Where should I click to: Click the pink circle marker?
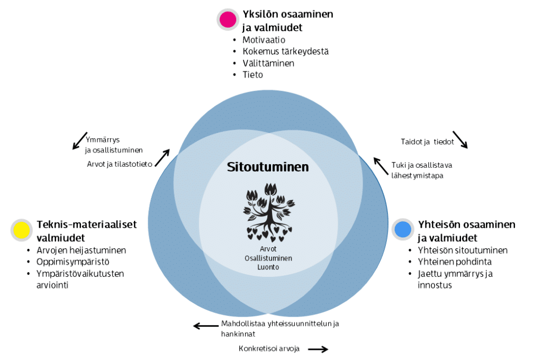coord(228,20)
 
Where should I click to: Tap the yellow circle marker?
coord(21,230)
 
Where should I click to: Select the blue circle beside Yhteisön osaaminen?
coord(403,229)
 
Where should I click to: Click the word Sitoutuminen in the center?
coord(268,167)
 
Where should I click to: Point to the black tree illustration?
coord(269,211)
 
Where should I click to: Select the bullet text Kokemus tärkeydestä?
coord(285,51)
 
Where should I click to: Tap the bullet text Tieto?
coord(253,75)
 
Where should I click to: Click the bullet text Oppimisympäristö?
coord(73,262)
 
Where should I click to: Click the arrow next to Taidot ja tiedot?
coord(460,139)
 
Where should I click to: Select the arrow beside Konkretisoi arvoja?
coord(318,349)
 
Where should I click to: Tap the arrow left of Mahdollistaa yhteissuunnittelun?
coord(206,326)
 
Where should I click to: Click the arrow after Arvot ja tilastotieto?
coord(163,157)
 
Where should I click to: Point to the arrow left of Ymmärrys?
coord(79,141)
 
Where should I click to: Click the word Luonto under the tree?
coord(268,267)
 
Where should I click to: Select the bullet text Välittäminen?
coord(268,63)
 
